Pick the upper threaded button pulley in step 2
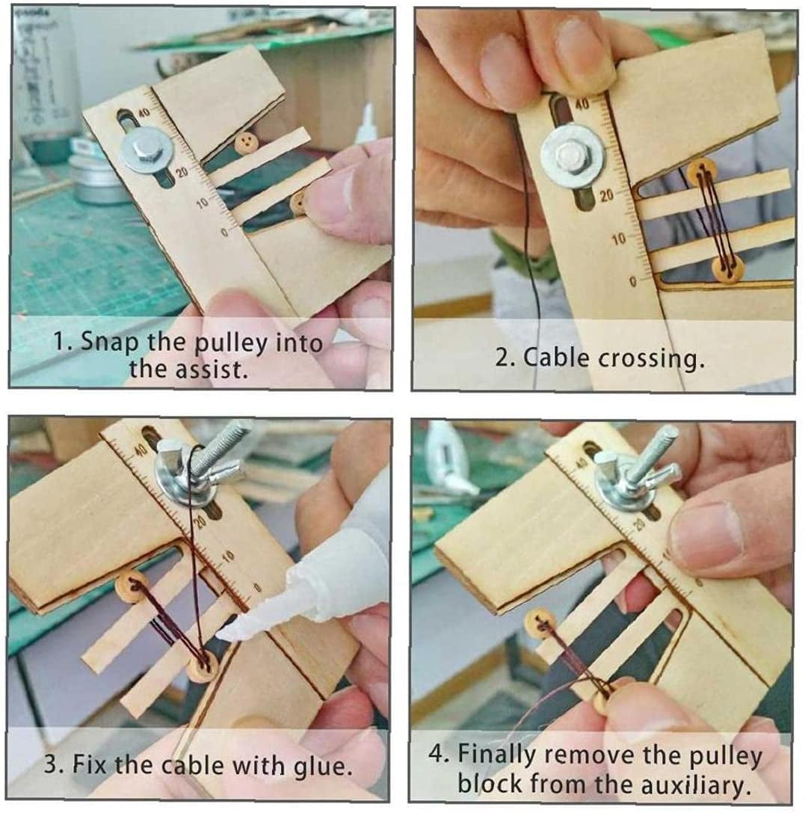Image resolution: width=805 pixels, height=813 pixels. pos(702,171)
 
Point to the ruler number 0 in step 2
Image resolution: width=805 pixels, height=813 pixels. pos(632,282)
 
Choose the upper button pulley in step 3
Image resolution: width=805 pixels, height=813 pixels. pos(132,586)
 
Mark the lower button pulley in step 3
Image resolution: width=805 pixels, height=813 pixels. pos(202,666)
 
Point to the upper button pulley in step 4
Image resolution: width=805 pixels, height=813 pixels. pos(540,623)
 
